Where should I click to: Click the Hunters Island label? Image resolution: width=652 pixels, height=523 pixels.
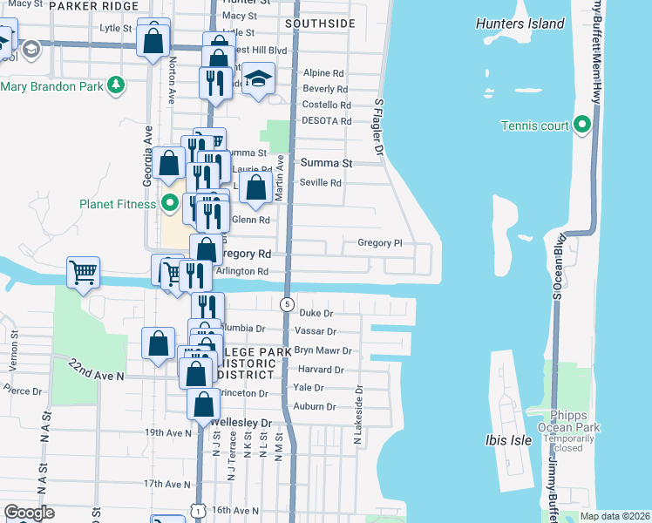[x=520, y=24]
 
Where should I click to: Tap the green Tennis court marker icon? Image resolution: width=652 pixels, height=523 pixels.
[x=583, y=126]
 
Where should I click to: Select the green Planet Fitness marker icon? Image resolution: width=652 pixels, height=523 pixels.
[x=171, y=205]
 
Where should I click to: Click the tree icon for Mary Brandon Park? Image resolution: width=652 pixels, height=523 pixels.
[x=115, y=85]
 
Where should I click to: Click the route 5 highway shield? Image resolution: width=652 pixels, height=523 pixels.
[x=287, y=304]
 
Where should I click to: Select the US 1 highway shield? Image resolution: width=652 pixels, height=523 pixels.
[x=200, y=511]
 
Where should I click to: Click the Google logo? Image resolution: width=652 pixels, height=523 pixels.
[x=29, y=512]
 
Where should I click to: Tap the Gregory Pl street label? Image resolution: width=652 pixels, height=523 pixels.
[x=379, y=243]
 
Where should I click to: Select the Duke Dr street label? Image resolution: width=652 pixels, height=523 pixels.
[x=316, y=312]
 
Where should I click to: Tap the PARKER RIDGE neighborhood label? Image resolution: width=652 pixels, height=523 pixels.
[x=94, y=6]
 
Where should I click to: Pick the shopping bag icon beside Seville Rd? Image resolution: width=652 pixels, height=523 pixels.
[x=255, y=187]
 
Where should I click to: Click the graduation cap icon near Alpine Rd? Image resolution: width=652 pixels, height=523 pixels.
[x=258, y=78]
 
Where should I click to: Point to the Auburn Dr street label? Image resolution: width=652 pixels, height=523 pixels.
[x=315, y=406]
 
